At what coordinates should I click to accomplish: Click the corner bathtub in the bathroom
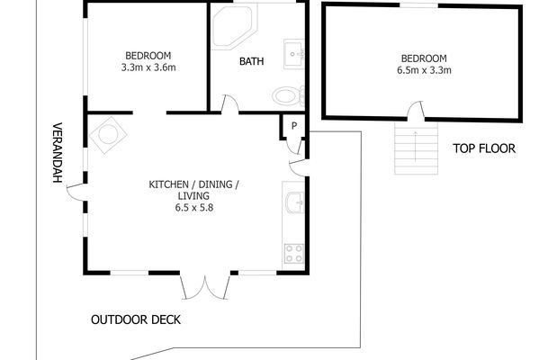(x=234, y=27)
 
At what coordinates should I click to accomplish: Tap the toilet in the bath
(x=288, y=95)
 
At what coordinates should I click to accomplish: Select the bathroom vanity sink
(x=293, y=54)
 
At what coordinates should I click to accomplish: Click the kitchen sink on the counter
(x=294, y=202)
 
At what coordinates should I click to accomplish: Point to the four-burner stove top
(x=294, y=254)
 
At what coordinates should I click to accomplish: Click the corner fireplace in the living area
(x=108, y=135)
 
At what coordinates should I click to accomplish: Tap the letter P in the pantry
(x=294, y=126)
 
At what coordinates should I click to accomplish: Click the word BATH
(x=251, y=61)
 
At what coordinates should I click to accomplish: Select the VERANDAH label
(x=57, y=152)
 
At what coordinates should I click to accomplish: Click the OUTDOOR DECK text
(x=136, y=319)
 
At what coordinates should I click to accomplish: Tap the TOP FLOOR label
(x=484, y=148)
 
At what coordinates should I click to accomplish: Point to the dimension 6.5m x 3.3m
(x=424, y=70)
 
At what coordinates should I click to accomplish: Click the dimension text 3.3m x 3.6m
(x=148, y=67)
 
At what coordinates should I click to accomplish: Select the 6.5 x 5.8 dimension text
(x=194, y=208)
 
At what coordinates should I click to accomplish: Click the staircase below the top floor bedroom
(x=416, y=148)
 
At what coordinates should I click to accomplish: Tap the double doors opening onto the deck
(x=205, y=287)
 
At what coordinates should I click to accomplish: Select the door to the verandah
(x=76, y=193)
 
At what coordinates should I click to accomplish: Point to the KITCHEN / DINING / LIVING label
(x=193, y=190)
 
